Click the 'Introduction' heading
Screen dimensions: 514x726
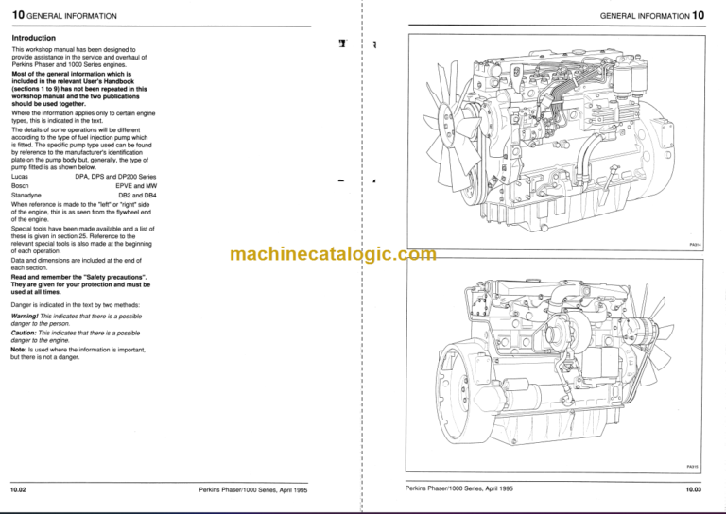pyautogui.click(x=32, y=38)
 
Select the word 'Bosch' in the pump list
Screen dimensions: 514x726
pyautogui.click(x=20, y=186)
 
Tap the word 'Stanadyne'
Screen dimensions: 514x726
pyautogui.click(x=26, y=196)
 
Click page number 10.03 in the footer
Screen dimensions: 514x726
pyautogui.click(x=700, y=489)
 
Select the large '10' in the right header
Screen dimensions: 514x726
pyautogui.click(x=699, y=16)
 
